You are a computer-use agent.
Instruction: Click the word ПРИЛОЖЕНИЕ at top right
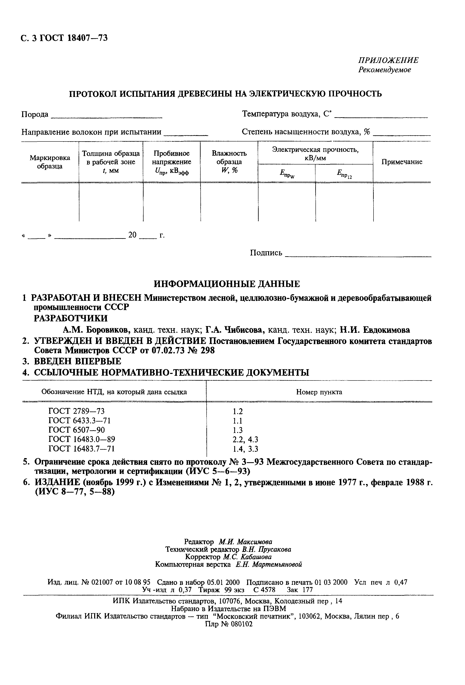pos(388,60)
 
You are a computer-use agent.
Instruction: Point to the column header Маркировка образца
pos(50,162)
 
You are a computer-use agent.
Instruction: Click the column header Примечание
pos(402,162)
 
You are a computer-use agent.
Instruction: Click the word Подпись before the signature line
pos(266,253)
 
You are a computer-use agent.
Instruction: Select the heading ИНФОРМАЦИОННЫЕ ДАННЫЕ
pos(227,284)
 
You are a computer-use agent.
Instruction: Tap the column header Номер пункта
pos(319,392)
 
